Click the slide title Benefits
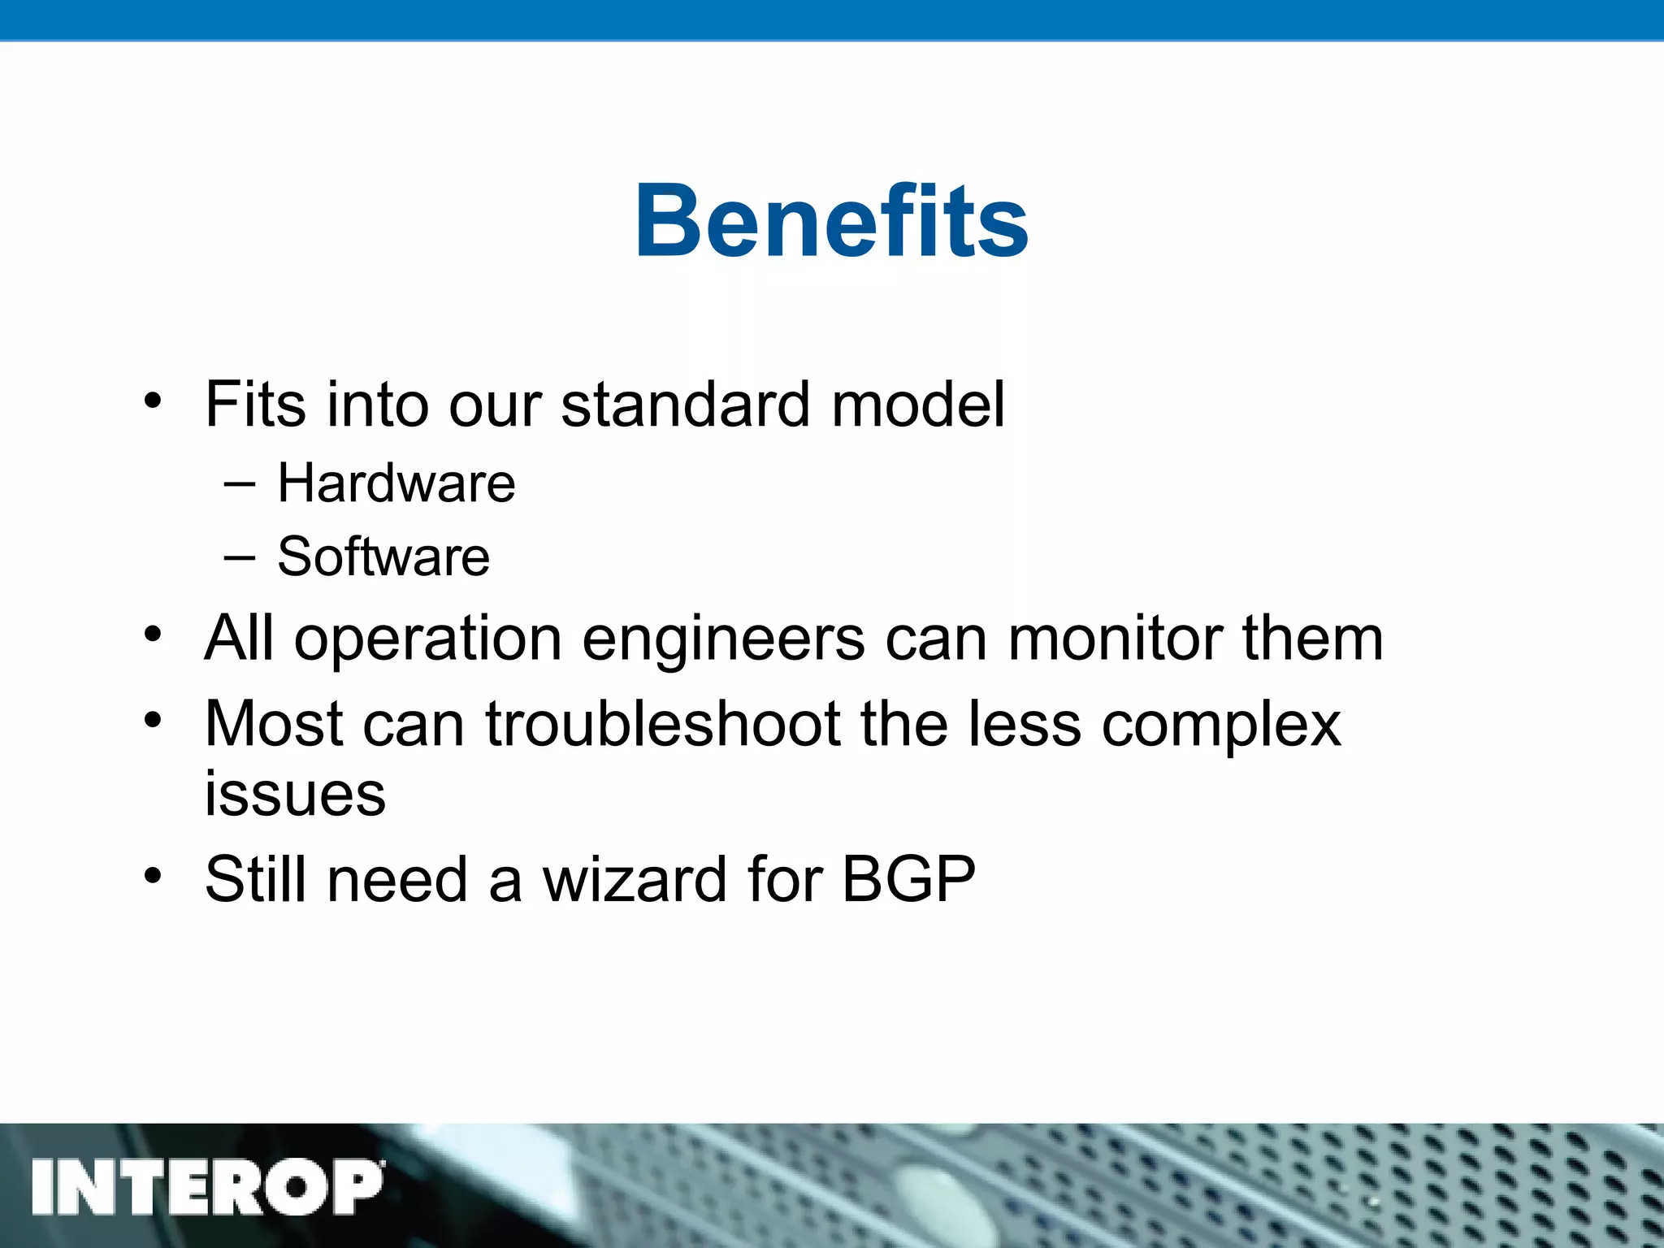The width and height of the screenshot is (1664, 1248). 831,221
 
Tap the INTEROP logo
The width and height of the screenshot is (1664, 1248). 207,1187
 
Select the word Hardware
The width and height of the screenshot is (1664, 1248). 396,483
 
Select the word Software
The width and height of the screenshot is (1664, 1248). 383,557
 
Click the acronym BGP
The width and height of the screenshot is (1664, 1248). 908,879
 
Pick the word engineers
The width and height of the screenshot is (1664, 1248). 723,639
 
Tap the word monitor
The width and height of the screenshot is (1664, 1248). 1115,639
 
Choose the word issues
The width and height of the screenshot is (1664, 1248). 294,794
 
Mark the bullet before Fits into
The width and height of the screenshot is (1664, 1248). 153,401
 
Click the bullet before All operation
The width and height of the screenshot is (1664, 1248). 153,635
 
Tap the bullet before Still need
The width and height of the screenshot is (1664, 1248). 153,876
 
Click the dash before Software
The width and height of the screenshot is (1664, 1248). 238,558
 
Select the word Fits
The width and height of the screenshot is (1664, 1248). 255,404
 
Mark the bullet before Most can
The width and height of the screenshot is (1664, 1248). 153,720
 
